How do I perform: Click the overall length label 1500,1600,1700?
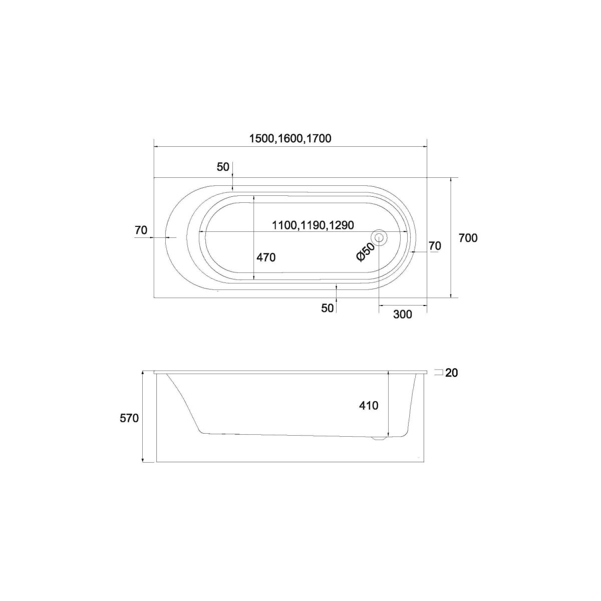click(290, 138)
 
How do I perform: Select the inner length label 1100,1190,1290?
click(313, 225)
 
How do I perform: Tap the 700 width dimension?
click(468, 238)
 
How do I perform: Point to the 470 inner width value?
click(266, 257)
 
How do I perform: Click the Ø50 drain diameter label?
click(365, 252)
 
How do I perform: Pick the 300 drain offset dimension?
click(403, 315)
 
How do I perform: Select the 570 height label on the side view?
click(129, 418)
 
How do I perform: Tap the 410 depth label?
click(369, 406)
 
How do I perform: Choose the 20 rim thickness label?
click(451, 373)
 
